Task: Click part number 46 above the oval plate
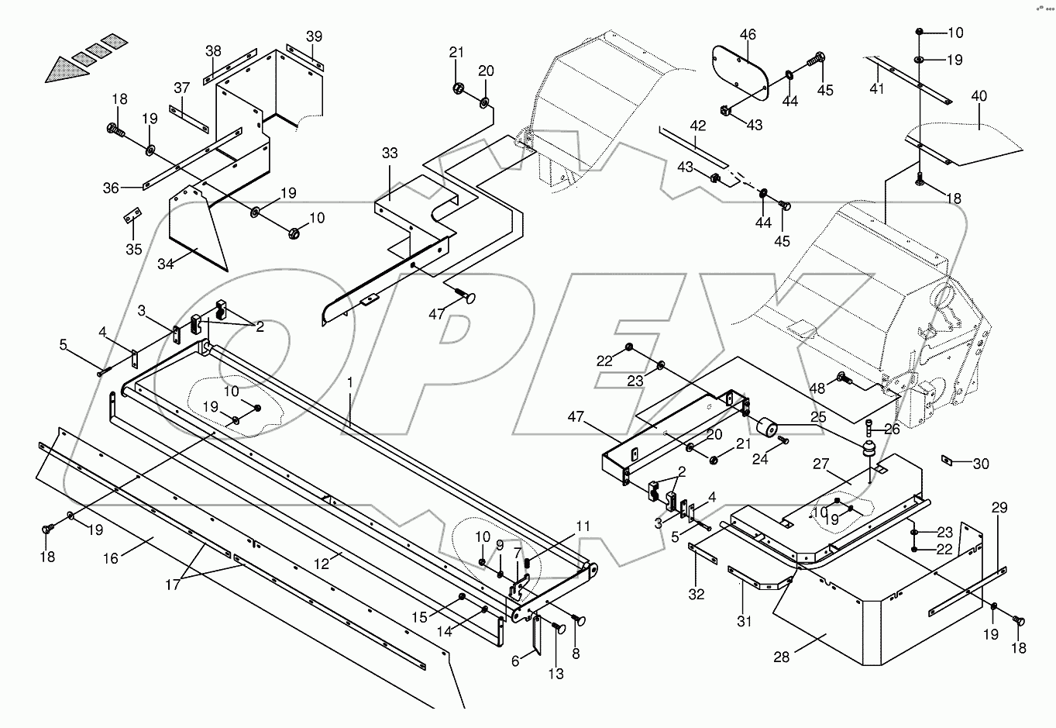click(x=748, y=35)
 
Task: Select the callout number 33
click(x=389, y=154)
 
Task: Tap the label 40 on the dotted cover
click(x=979, y=97)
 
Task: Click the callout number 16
click(x=111, y=558)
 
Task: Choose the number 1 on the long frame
click(x=350, y=382)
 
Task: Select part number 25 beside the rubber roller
click(x=819, y=417)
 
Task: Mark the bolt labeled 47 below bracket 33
click(x=466, y=296)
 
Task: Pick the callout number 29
click(x=999, y=508)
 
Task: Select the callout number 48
click(x=817, y=388)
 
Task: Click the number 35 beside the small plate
click(x=134, y=249)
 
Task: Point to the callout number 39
click(x=313, y=36)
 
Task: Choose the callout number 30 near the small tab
click(x=981, y=464)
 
